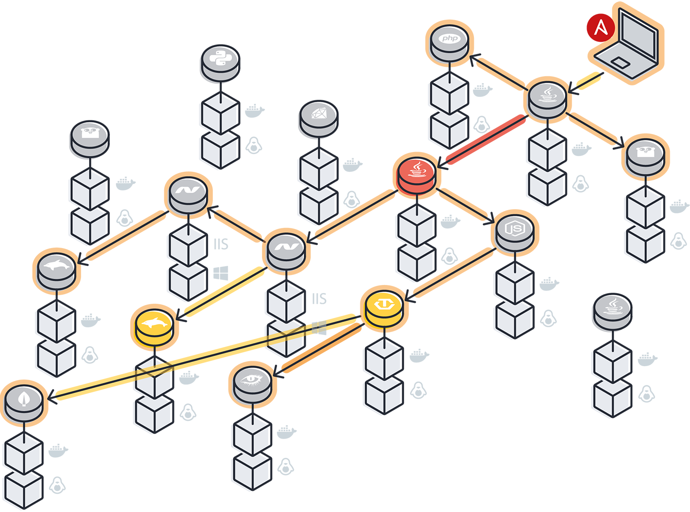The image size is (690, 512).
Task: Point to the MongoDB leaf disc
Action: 23,399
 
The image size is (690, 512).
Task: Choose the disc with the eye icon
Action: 252,381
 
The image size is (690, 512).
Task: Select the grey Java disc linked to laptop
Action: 547,96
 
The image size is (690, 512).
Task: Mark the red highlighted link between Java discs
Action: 484,139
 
